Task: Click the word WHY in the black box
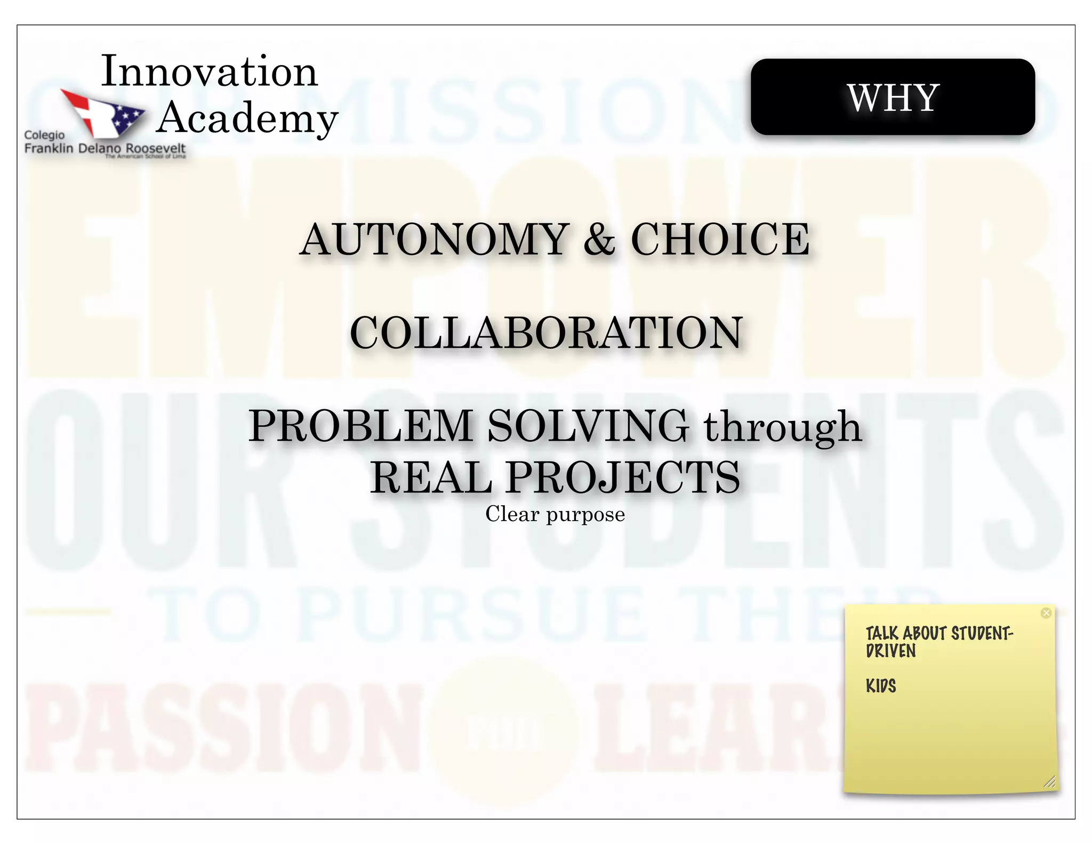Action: click(x=893, y=98)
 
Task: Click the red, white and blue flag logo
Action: click(x=102, y=112)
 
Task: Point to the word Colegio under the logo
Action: click(x=44, y=135)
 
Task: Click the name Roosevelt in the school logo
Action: click(x=155, y=148)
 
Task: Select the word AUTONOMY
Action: click(x=435, y=239)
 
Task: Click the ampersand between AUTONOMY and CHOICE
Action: click(x=599, y=239)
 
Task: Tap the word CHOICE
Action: click(x=720, y=239)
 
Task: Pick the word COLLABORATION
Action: click(x=546, y=333)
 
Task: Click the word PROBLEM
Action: click(x=361, y=426)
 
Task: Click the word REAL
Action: click(x=431, y=477)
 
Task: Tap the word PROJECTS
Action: click(x=623, y=477)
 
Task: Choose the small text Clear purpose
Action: click(x=555, y=514)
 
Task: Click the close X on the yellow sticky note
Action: click(x=1046, y=613)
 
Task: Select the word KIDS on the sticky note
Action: click(x=881, y=686)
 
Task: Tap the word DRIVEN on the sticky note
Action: click(x=891, y=651)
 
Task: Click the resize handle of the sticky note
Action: click(x=1049, y=782)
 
